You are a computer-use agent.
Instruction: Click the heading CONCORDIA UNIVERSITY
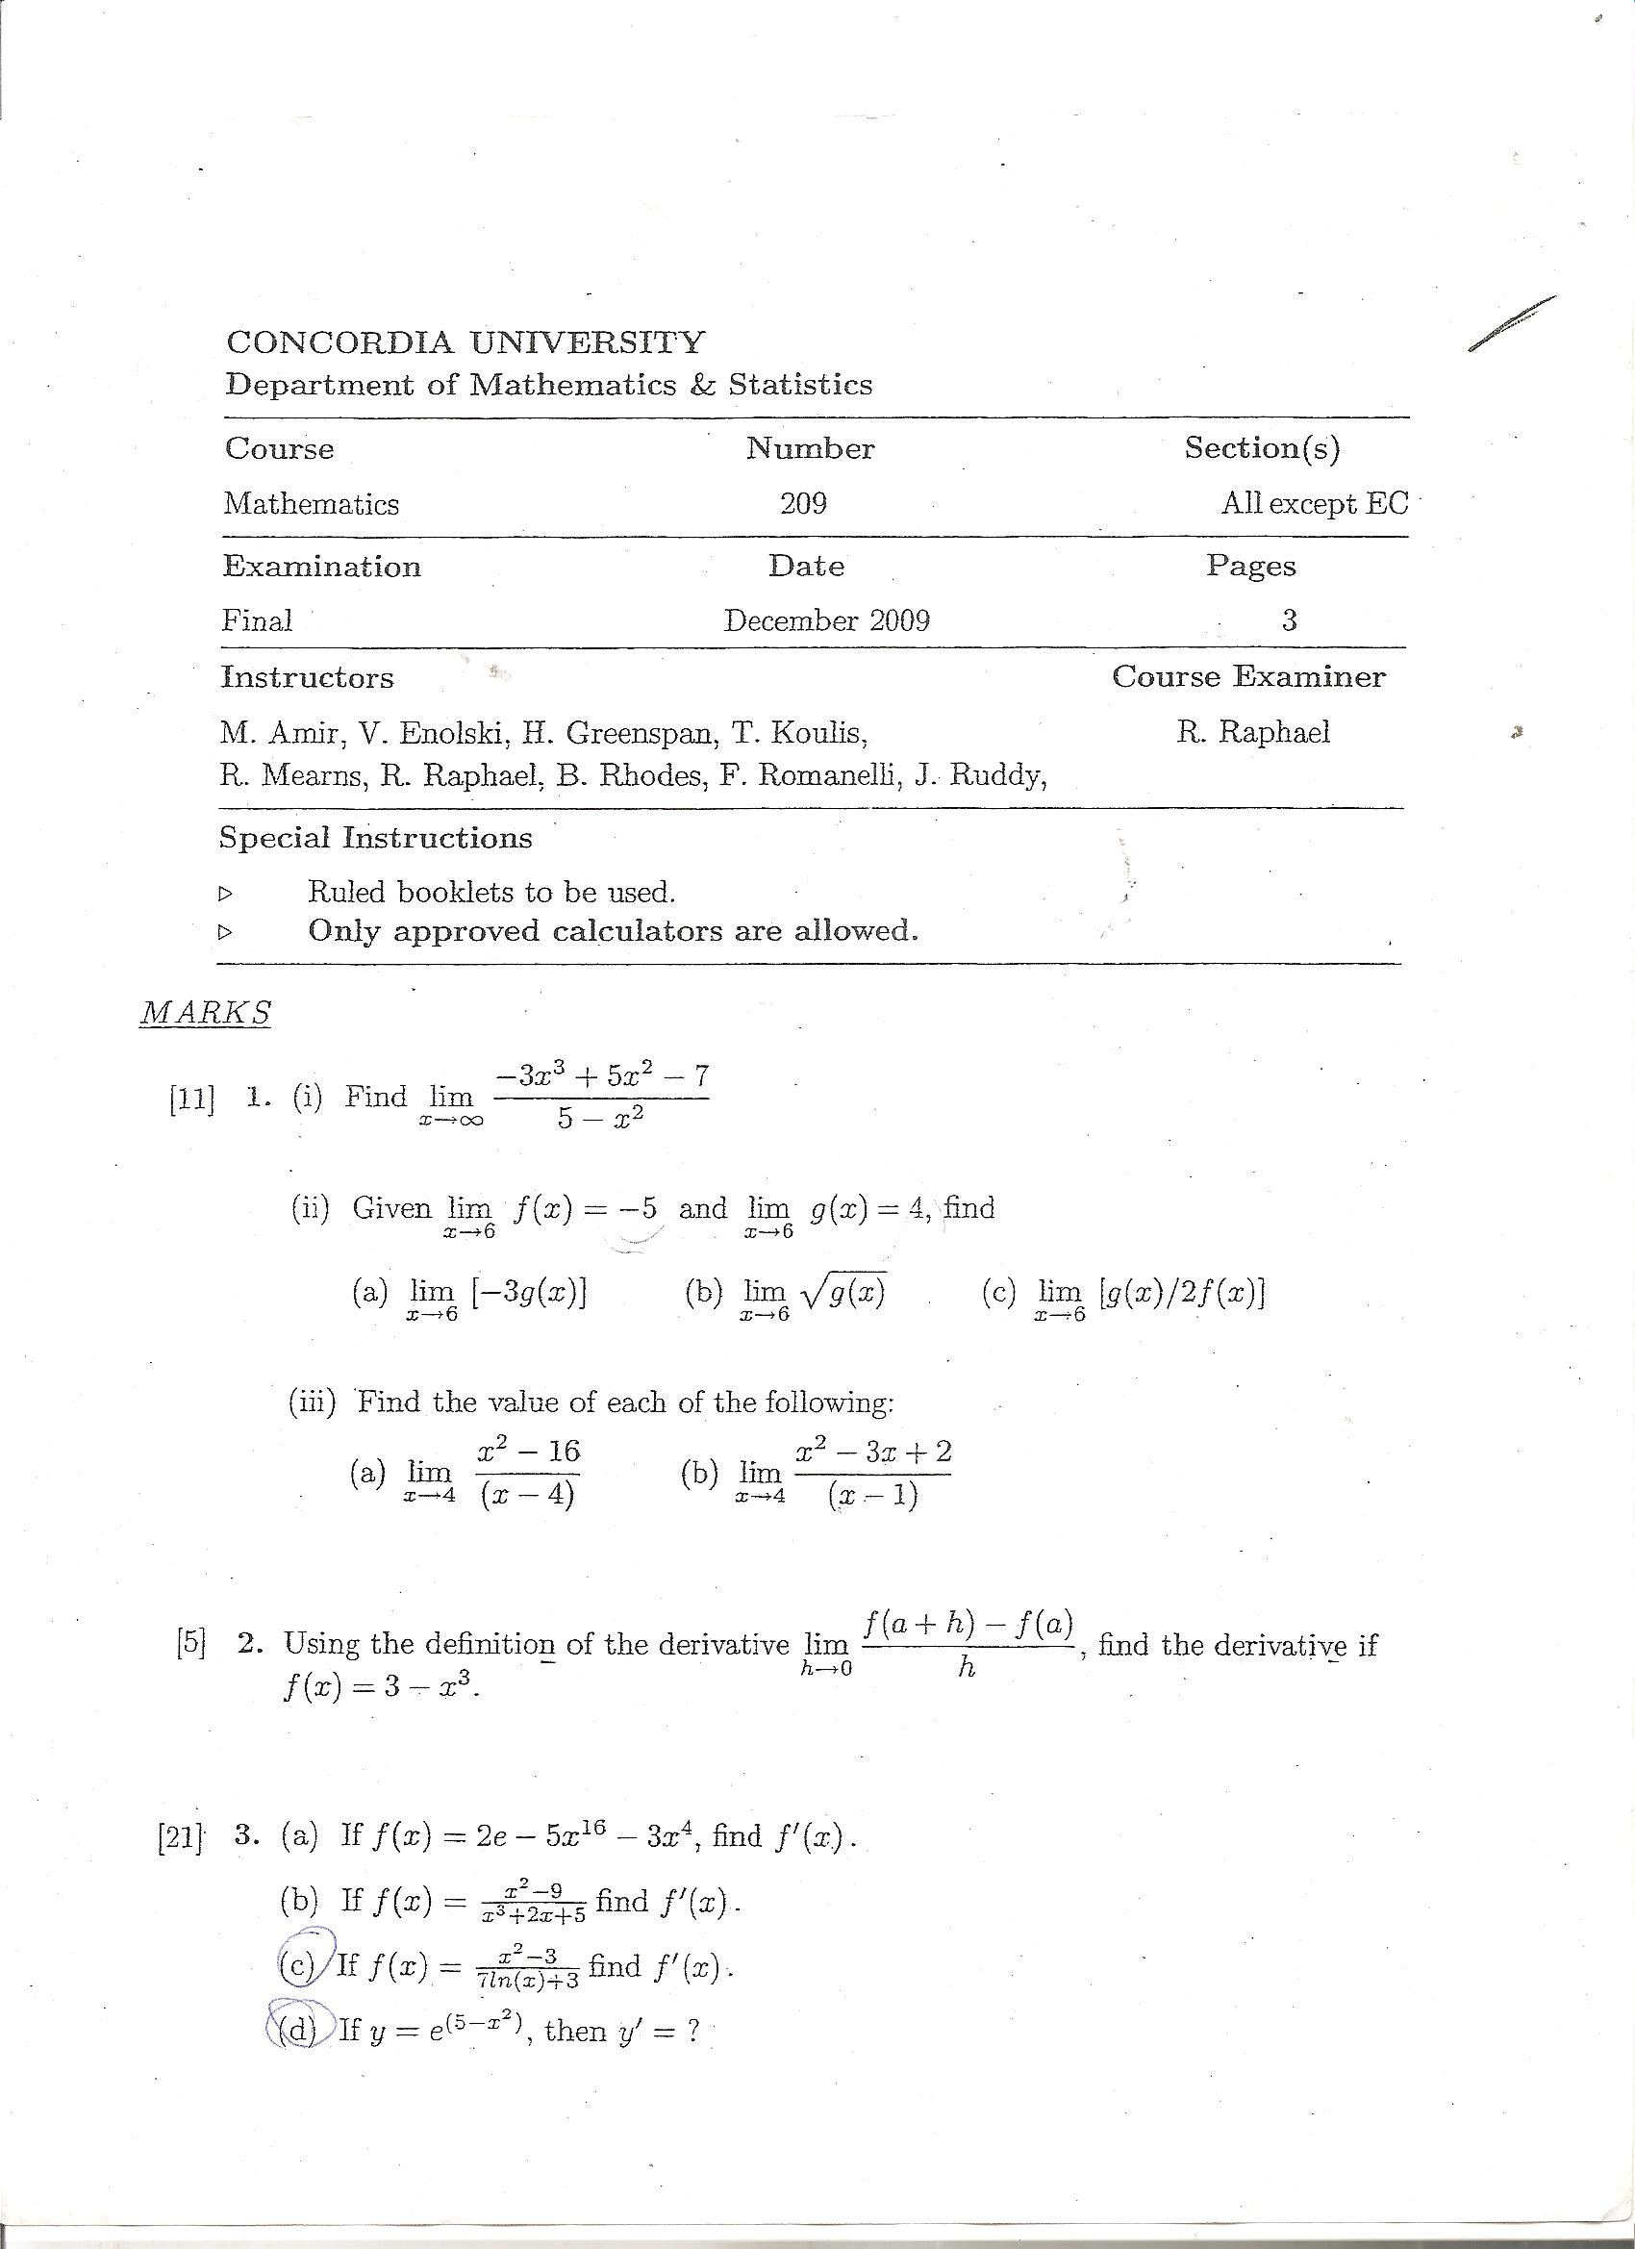point(465,342)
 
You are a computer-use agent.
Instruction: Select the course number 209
point(803,504)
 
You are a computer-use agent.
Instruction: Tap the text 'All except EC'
point(1314,504)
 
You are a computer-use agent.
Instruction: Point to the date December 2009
point(826,620)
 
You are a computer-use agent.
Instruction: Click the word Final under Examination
point(257,620)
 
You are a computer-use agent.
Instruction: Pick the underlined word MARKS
point(205,1013)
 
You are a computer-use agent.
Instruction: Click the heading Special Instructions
point(376,838)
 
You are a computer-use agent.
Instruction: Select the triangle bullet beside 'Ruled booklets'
point(226,894)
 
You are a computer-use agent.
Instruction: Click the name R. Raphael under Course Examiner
point(1253,733)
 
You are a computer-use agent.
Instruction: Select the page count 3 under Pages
point(1289,620)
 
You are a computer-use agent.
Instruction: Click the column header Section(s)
point(1261,448)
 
